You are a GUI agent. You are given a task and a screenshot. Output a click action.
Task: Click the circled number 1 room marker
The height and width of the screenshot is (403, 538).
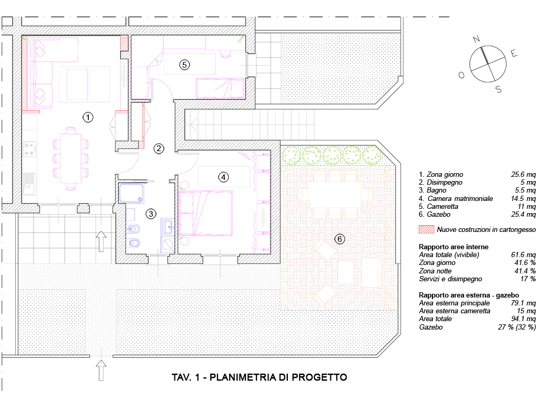(88, 118)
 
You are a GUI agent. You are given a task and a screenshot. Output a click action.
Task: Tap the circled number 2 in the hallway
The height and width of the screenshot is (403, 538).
(159, 149)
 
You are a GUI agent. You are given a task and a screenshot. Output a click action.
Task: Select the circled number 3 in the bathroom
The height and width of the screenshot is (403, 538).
(151, 214)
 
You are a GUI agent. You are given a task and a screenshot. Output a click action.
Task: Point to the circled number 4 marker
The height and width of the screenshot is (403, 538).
(223, 177)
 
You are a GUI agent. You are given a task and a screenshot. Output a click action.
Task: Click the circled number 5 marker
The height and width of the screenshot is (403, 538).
(184, 65)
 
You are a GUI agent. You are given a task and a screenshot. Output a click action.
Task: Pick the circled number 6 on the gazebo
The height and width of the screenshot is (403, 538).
(340, 239)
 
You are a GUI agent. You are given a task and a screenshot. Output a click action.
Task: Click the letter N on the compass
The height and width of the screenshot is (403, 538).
(476, 39)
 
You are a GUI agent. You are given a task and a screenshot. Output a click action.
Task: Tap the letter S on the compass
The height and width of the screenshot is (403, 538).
(499, 89)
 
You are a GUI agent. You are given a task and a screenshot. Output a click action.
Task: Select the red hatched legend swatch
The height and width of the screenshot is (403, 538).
(427, 229)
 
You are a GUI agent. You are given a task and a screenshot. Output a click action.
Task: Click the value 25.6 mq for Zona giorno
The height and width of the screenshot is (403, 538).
(523, 174)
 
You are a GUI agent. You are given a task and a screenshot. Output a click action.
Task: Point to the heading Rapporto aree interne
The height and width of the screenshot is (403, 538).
(453, 247)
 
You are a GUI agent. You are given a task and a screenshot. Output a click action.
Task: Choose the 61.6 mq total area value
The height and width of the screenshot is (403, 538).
(523, 254)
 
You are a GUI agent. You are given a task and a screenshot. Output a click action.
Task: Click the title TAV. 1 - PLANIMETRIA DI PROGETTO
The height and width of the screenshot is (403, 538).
(260, 377)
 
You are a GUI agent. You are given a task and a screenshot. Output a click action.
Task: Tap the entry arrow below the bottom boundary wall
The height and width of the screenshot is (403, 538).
(101, 370)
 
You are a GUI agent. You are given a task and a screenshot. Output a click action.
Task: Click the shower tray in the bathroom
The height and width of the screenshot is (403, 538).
(131, 193)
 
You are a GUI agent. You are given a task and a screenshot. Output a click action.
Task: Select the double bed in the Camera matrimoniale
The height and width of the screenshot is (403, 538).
(205, 213)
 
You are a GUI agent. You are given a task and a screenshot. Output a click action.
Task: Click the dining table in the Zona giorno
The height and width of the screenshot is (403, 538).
(71, 158)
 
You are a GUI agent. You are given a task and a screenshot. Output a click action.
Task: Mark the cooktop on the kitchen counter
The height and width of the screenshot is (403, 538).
(29, 149)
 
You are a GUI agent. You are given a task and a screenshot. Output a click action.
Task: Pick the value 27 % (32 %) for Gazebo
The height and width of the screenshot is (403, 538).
(517, 327)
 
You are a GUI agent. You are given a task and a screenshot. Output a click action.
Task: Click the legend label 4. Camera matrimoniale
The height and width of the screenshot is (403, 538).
(456, 198)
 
